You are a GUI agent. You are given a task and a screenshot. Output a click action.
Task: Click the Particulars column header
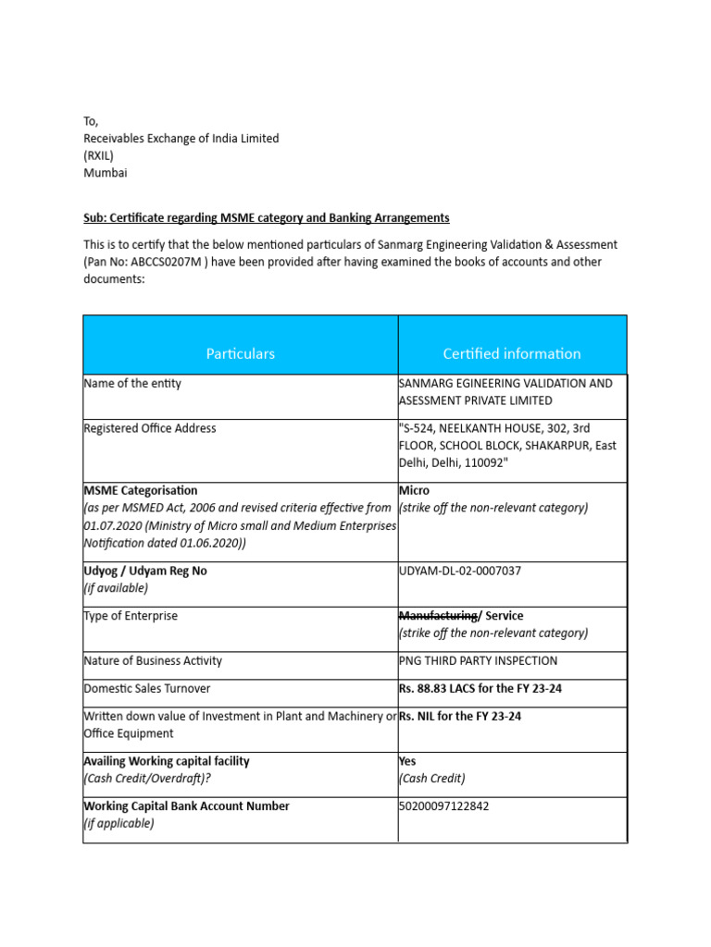[x=240, y=353]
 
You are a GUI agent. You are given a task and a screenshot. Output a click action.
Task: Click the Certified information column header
[x=511, y=353]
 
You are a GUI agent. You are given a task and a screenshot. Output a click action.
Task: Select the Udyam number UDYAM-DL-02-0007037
[x=459, y=571]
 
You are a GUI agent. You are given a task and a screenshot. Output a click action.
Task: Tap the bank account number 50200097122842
[x=443, y=806]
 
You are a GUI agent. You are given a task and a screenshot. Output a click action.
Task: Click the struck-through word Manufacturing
[x=438, y=616]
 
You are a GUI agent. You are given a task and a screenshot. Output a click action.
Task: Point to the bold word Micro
[x=414, y=490]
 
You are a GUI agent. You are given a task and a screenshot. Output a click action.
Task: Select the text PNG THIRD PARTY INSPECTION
[x=478, y=661]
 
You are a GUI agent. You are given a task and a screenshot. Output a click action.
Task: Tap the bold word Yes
[x=407, y=761]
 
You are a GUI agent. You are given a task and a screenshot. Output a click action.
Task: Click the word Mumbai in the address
[x=106, y=173]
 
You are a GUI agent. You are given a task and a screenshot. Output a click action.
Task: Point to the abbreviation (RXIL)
[x=99, y=155]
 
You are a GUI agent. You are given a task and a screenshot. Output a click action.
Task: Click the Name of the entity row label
[x=132, y=383]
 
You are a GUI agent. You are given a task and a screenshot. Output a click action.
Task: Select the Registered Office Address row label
[x=150, y=428]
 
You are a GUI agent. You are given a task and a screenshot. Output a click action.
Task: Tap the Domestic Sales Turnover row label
[x=147, y=689]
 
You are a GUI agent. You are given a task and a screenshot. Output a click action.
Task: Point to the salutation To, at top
[x=91, y=121]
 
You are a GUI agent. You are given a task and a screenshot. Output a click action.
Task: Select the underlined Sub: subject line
[x=267, y=218]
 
